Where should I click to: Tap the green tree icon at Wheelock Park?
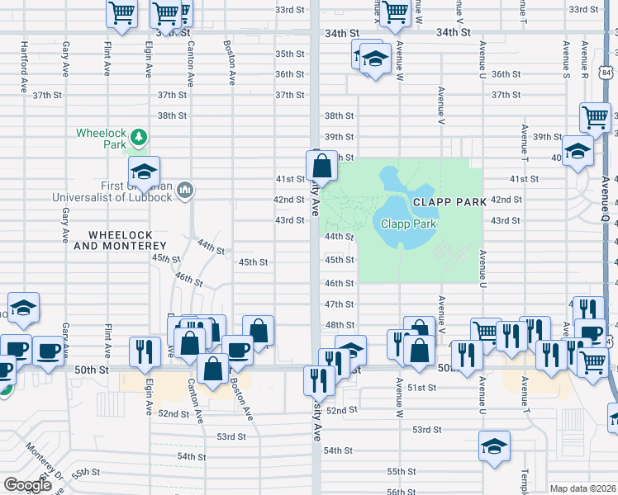tap(140, 136)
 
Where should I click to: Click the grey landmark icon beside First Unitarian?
tap(185, 191)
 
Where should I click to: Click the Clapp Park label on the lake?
tap(408, 224)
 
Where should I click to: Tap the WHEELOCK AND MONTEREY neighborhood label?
tap(121, 240)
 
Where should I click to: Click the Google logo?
tap(26, 485)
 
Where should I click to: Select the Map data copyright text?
tap(583, 488)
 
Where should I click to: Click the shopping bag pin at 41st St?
tap(323, 164)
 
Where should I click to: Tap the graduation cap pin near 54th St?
tap(494, 447)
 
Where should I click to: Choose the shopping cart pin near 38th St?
tap(595, 118)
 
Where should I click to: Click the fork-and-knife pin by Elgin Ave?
tap(145, 352)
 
